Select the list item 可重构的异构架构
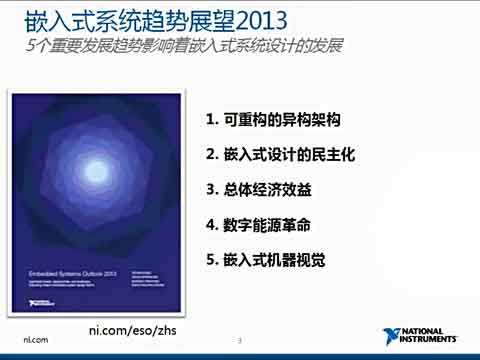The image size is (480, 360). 281,120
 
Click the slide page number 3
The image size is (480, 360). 239,341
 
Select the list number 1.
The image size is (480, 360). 210,120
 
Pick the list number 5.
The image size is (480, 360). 210,259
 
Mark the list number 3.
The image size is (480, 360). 210,189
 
